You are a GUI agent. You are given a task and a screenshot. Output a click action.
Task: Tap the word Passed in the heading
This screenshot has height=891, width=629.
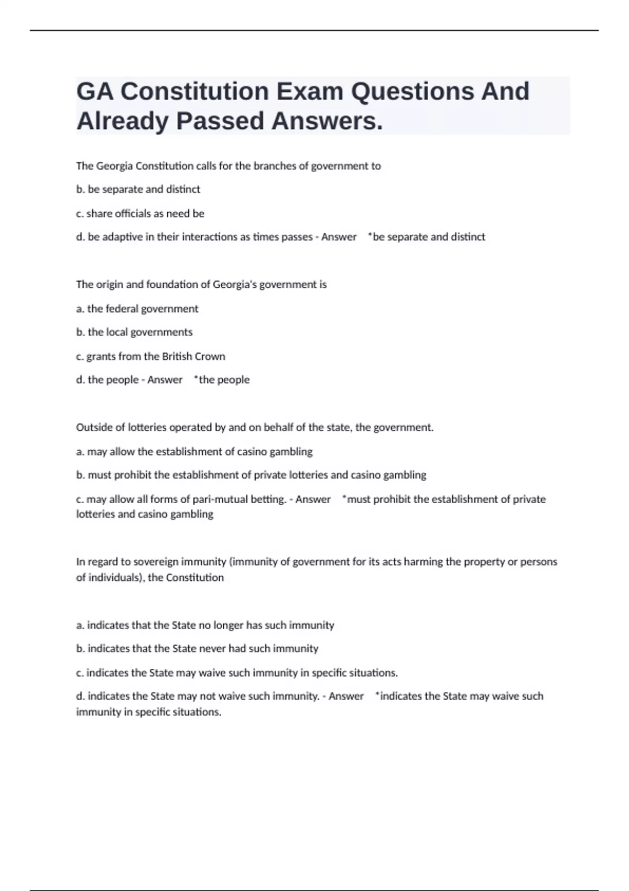click(220, 121)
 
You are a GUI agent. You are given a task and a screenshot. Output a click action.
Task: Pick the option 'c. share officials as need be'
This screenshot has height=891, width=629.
click(140, 213)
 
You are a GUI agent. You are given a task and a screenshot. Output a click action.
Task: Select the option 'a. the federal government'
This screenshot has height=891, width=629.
click(137, 309)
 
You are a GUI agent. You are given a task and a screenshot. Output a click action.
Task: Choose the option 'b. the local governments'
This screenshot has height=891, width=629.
click(134, 332)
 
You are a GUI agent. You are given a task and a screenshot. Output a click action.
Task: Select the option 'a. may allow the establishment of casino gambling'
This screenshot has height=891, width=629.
click(194, 452)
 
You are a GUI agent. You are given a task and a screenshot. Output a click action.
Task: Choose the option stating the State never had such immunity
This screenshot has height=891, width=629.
click(197, 649)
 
